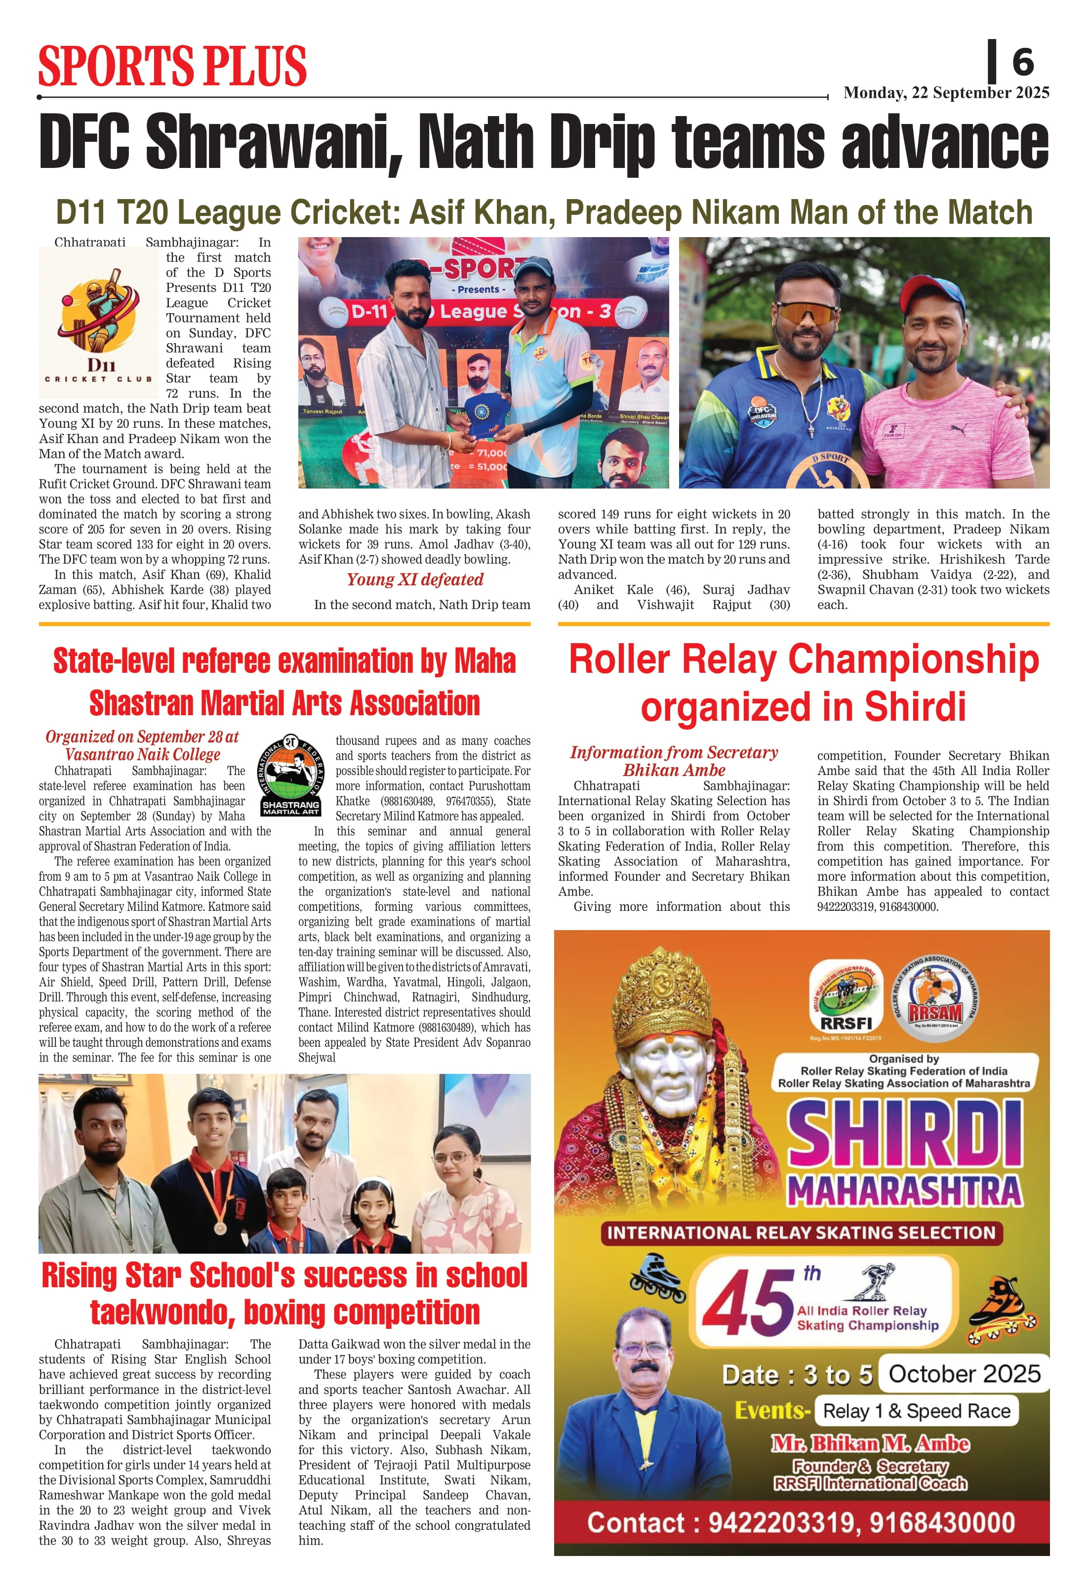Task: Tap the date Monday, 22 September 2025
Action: [946, 93]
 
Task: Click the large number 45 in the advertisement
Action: [747, 1304]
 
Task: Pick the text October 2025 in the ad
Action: [964, 1373]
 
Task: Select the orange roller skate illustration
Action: [1001, 1311]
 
